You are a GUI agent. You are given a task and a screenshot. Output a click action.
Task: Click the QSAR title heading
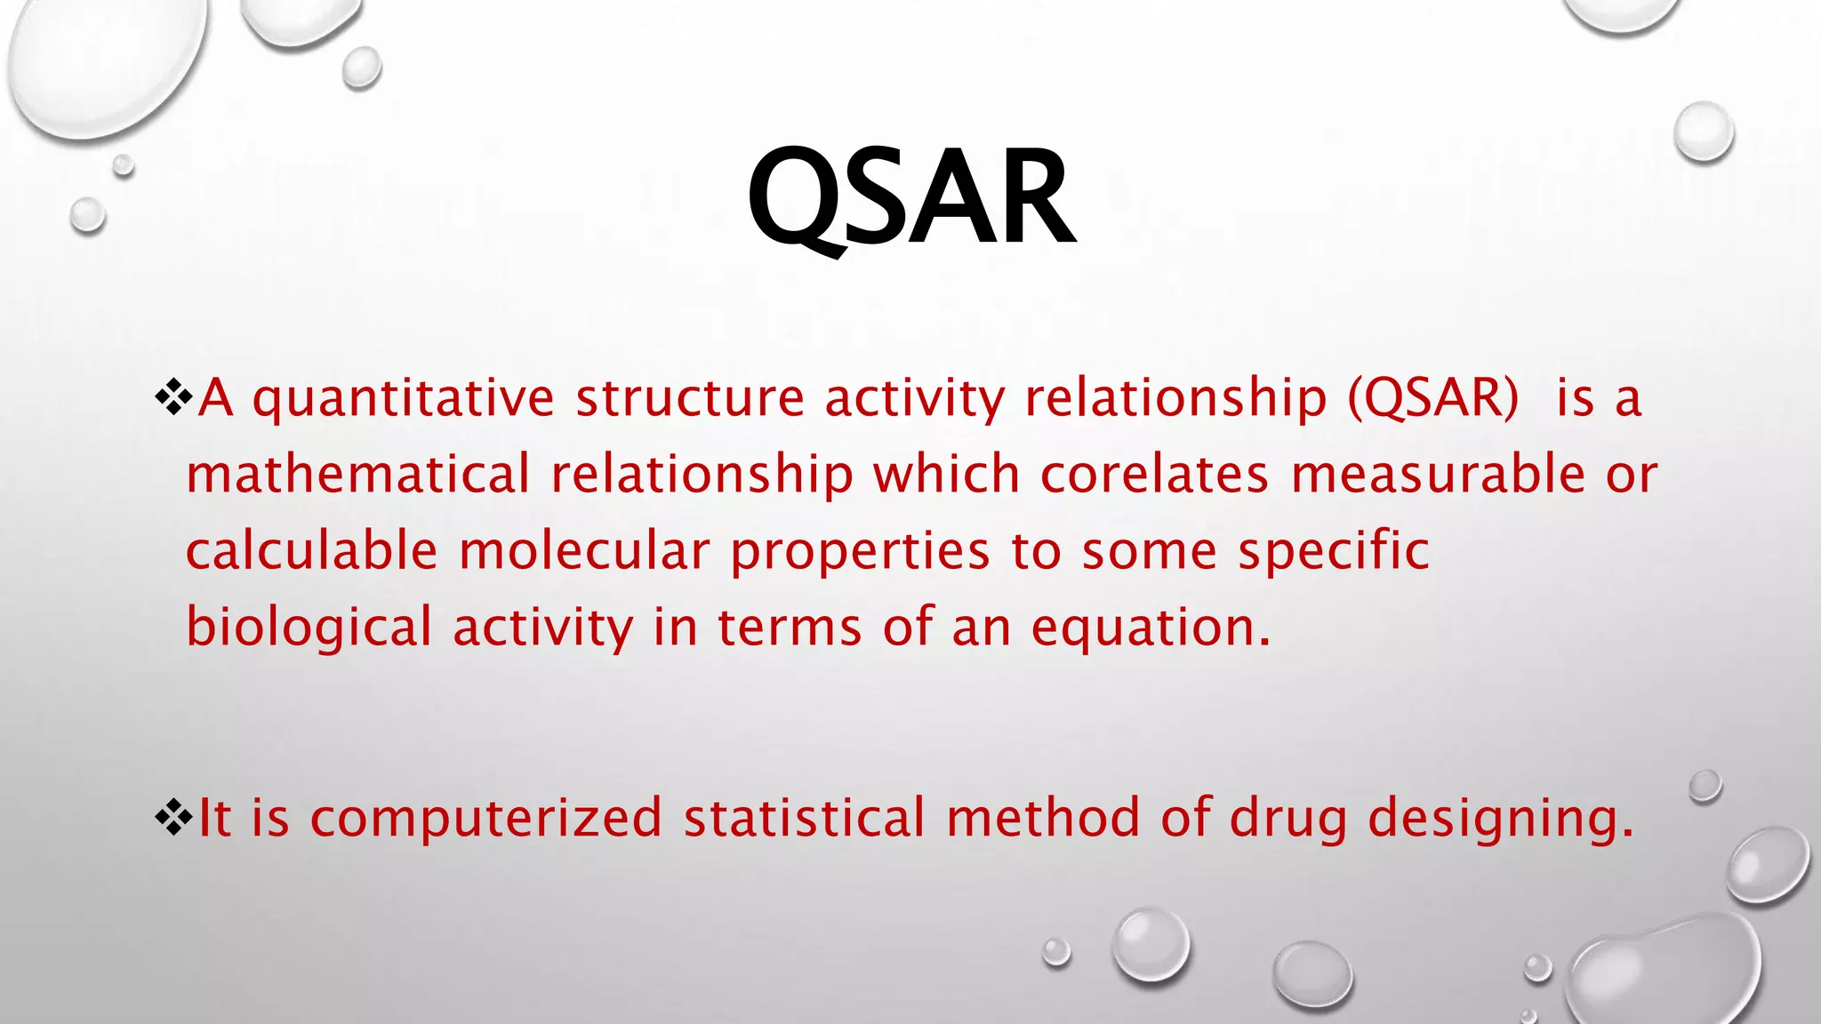click(910, 197)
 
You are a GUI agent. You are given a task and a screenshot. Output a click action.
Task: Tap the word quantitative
click(403, 399)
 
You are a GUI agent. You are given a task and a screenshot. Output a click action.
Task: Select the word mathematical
click(357, 473)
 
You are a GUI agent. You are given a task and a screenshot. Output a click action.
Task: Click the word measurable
click(1437, 473)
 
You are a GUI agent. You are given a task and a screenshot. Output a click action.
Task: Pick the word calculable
click(311, 550)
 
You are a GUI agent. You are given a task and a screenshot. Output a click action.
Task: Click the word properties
click(860, 552)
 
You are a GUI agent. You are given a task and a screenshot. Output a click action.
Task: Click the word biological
click(309, 628)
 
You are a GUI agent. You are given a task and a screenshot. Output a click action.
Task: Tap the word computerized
click(485, 818)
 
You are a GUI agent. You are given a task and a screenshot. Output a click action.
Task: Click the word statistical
click(804, 818)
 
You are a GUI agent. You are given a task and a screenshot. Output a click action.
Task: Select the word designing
click(1500, 820)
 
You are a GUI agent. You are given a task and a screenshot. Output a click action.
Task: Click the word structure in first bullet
click(690, 397)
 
